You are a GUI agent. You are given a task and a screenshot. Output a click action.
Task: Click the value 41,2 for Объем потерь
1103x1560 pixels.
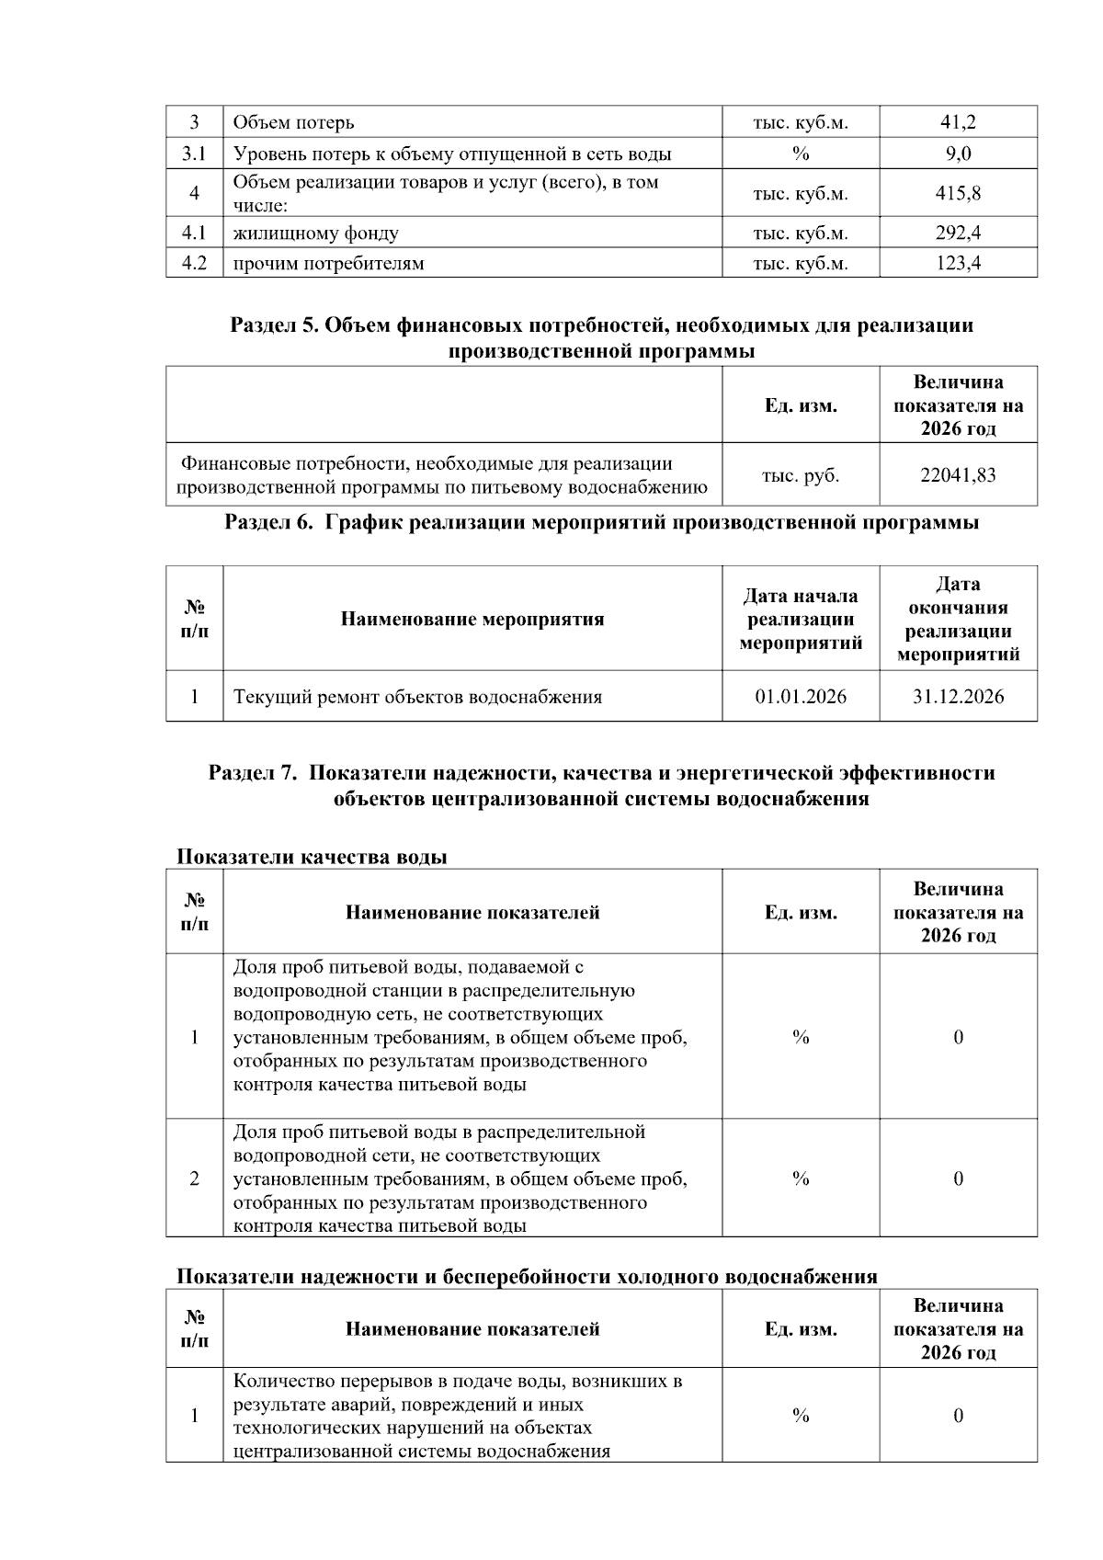click(x=958, y=122)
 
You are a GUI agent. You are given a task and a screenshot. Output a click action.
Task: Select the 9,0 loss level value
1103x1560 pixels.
click(x=958, y=154)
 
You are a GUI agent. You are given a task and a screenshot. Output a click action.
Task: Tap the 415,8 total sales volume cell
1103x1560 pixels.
click(x=958, y=193)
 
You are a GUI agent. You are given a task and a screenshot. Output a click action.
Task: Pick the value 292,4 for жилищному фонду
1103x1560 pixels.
click(x=958, y=233)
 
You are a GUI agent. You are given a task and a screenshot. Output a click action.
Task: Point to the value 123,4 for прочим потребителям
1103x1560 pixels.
click(x=958, y=264)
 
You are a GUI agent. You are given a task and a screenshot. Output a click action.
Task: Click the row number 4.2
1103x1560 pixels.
click(x=194, y=264)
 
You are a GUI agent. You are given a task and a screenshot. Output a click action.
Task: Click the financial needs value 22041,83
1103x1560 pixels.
click(x=958, y=475)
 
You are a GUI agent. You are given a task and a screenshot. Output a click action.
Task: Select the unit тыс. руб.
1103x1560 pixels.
click(x=800, y=475)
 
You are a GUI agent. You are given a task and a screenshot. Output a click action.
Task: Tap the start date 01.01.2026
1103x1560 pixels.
click(x=800, y=697)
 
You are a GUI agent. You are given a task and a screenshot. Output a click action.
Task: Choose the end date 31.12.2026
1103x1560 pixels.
click(x=958, y=697)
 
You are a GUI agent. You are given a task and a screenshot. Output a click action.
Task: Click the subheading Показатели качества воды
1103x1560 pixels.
click(x=312, y=857)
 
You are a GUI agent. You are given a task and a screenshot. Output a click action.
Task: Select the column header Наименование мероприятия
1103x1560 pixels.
click(x=472, y=619)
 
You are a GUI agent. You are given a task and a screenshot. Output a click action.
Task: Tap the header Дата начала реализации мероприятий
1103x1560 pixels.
click(x=800, y=619)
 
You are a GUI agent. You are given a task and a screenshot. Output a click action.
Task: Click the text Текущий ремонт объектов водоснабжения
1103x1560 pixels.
click(x=417, y=697)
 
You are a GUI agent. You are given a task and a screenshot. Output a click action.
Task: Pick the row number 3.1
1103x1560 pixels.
click(x=194, y=154)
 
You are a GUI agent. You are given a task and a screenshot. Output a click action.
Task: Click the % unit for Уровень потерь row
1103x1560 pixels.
click(x=800, y=154)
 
